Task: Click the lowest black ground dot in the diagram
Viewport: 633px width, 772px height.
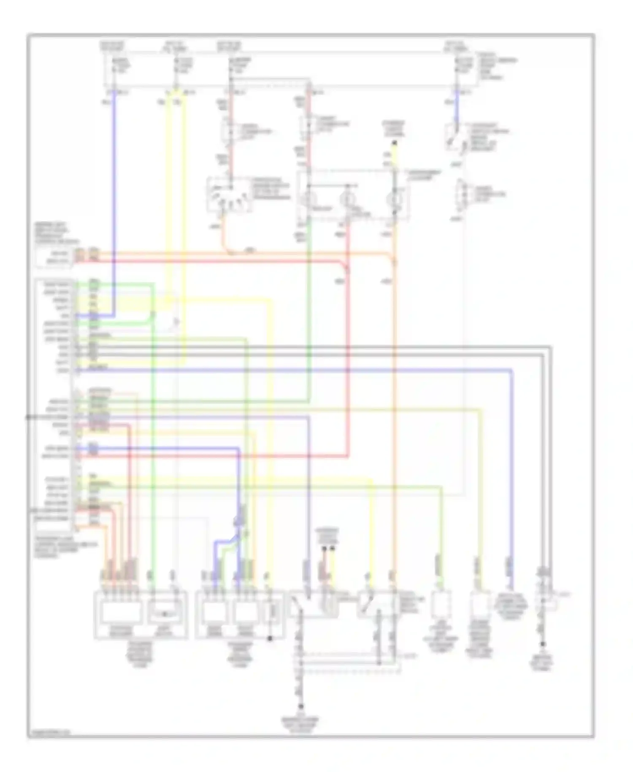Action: tap(301, 707)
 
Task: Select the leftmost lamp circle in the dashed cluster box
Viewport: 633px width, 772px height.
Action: tap(308, 198)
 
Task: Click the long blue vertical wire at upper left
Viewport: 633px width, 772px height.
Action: tap(114, 203)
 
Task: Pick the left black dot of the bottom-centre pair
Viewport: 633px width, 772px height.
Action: tap(324, 549)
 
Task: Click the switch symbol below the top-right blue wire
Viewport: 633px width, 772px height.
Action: tap(456, 137)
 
